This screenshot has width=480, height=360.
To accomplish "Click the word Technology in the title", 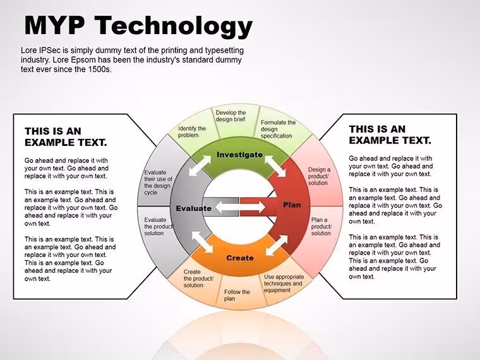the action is pyautogui.click(x=174, y=26).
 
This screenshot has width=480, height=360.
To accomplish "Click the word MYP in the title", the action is pyautogui.click(x=54, y=25).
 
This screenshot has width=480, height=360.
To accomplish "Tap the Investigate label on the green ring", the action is pyautogui.click(x=240, y=155).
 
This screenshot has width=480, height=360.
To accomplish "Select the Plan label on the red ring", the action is pyautogui.click(x=292, y=205).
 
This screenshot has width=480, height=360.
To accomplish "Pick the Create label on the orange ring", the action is pyautogui.click(x=240, y=258).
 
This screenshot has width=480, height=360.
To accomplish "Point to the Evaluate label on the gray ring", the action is pyautogui.click(x=194, y=208).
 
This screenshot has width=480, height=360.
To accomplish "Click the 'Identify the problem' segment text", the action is pyautogui.click(x=192, y=132).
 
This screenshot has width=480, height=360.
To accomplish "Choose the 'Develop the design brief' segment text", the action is pyautogui.click(x=231, y=116).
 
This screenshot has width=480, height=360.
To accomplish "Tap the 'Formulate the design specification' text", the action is pyautogui.click(x=278, y=129).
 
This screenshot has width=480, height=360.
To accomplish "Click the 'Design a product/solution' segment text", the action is pyautogui.click(x=320, y=176).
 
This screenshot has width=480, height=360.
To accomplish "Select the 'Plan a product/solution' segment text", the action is pyautogui.click(x=321, y=227).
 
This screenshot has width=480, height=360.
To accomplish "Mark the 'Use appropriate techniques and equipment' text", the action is pyautogui.click(x=284, y=284).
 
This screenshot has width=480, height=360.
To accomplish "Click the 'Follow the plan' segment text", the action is pyautogui.click(x=237, y=296).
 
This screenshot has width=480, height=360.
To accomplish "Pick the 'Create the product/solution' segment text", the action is pyautogui.click(x=198, y=279).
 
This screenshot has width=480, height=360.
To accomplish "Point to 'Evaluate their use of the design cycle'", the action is pyautogui.click(x=158, y=183).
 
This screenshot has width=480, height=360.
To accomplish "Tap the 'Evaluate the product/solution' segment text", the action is pyautogui.click(x=159, y=227).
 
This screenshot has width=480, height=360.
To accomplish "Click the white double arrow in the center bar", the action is pyautogui.click(x=240, y=207).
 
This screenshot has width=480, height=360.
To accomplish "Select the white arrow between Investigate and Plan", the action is pyautogui.click(x=275, y=166).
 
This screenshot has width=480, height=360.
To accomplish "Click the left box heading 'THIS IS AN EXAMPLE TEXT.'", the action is pyautogui.click(x=66, y=137).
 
